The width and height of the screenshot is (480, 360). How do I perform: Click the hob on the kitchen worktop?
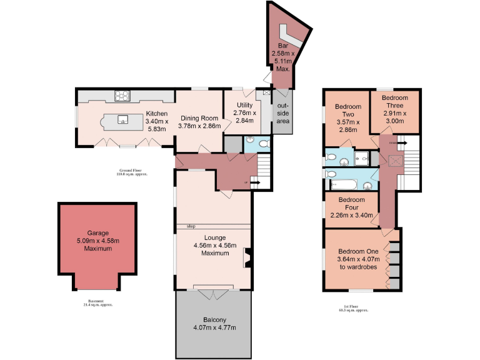click(x=122, y=96)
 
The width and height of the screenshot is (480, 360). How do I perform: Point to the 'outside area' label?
click(x=283, y=112)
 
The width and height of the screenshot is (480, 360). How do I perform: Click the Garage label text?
click(x=98, y=240)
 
